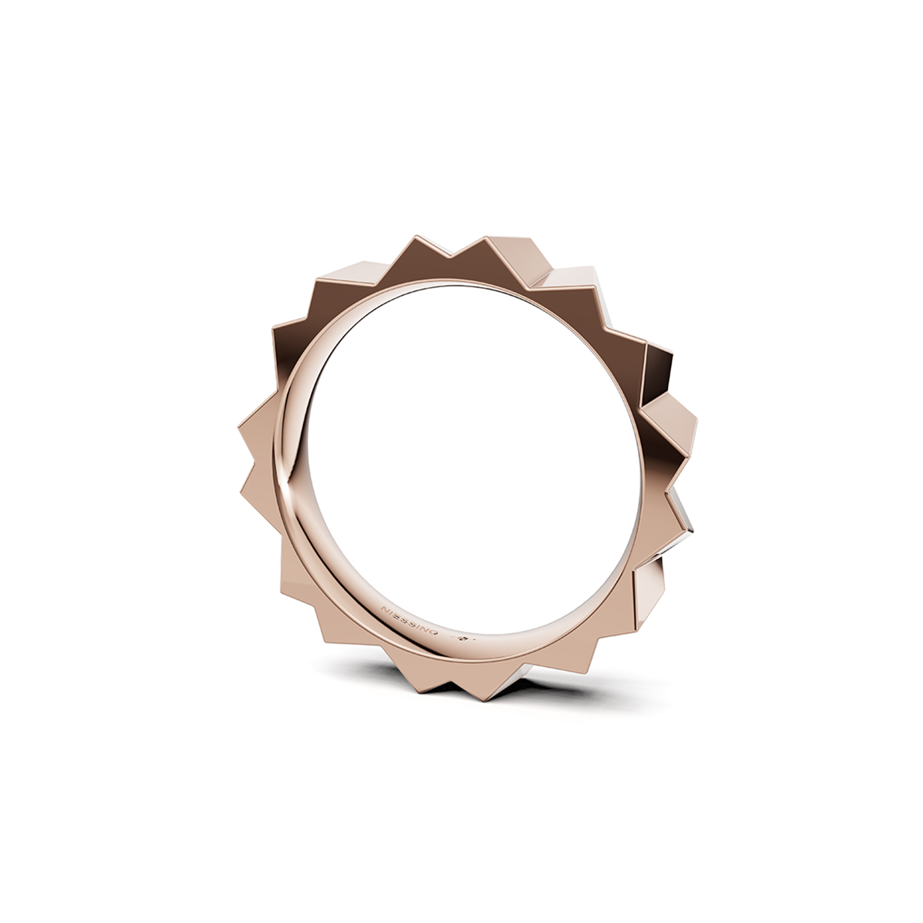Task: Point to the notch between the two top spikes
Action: (x=450, y=258)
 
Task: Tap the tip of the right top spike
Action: (x=486, y=237)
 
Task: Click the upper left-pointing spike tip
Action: (x=239, y=428)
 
